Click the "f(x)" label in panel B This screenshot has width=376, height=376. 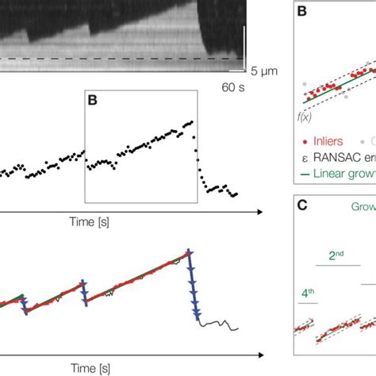(x=305, y=116)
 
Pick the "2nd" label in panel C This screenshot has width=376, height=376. (x=336, y=256)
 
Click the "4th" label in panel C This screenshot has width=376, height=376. (x=308, y=292)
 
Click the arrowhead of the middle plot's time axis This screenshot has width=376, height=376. (x=261, y=212)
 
